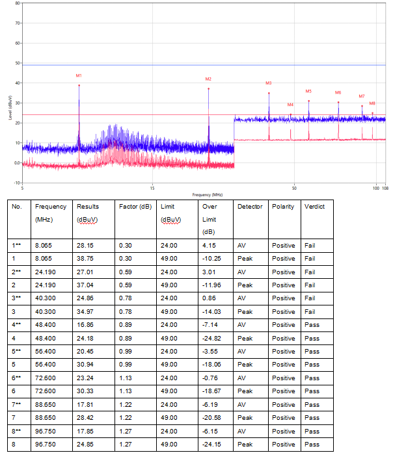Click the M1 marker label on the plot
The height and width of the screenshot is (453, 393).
coord(79,76)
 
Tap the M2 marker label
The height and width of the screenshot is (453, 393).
coord(208,79)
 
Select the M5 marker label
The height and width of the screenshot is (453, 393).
coord(308,92)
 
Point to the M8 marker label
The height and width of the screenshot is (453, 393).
coord(372,103)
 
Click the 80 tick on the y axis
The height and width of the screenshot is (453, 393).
coord(18,4)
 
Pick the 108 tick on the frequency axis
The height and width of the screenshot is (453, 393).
coord(385,188)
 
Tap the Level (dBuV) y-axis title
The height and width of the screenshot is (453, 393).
coord(10,109)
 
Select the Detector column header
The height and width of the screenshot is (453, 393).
coord(250,207)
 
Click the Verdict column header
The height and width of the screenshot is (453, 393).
coord(314,207)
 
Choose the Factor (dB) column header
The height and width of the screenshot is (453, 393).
coord(133,207)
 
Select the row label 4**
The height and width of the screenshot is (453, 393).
coord(18,325)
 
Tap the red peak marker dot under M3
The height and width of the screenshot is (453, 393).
coord(269,93)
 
